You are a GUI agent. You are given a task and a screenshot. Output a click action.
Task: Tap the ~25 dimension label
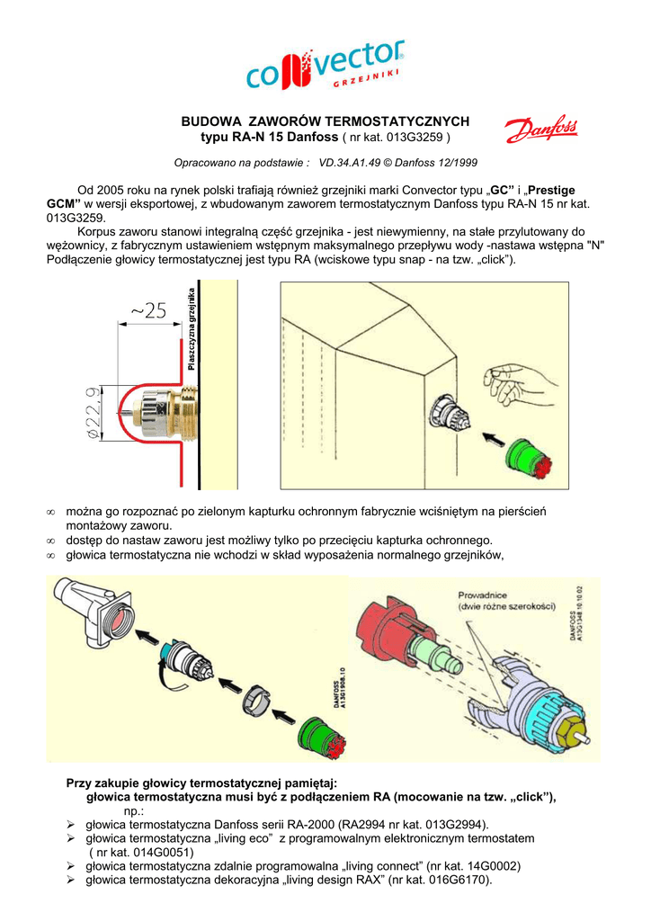(x=148, y=311)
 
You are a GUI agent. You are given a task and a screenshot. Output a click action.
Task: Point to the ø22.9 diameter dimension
(x=93, y=414)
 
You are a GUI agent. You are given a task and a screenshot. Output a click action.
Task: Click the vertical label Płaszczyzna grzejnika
(x=192, y=328)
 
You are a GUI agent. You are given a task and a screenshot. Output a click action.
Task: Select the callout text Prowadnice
(x=483, y=595)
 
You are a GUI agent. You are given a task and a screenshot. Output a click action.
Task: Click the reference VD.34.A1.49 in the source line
(x=358, y=163)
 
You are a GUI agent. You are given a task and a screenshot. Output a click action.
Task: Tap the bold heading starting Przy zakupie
(x=201, y=782)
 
